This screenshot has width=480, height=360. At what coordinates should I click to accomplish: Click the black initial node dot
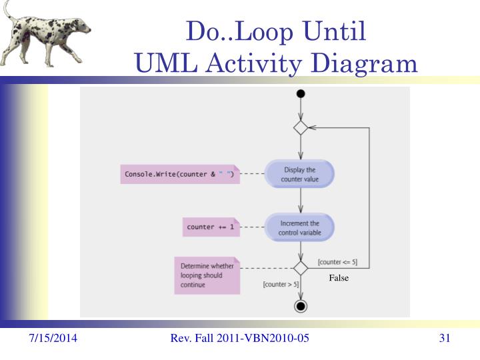point(301,93)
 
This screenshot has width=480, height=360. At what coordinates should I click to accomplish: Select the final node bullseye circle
point(301,306)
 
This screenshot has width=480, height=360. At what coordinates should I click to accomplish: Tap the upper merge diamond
point(301,127)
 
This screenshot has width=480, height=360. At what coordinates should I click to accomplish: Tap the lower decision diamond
point(301,268)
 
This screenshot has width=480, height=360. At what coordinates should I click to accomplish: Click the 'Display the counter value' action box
point(300,175)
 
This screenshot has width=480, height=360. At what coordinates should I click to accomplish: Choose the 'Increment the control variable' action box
point(300,227)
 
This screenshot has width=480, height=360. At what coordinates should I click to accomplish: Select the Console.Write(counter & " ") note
point(179,174)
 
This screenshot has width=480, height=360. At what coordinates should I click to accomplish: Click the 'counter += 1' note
point(211,227)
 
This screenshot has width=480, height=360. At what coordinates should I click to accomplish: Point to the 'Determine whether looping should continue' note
point(207,275)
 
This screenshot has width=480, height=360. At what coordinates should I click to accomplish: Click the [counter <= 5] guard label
point(337,262)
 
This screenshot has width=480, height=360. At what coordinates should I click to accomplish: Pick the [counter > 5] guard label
point(281,285)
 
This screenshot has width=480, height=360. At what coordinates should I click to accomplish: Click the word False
point(339,279)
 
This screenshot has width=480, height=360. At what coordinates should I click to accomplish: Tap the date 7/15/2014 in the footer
point(53,339)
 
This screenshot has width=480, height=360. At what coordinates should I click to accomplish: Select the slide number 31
point(445,339)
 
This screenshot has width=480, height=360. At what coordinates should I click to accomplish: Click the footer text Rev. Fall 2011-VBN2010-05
point(240,339)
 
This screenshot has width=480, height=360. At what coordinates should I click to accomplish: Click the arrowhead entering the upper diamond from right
point(311,127)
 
